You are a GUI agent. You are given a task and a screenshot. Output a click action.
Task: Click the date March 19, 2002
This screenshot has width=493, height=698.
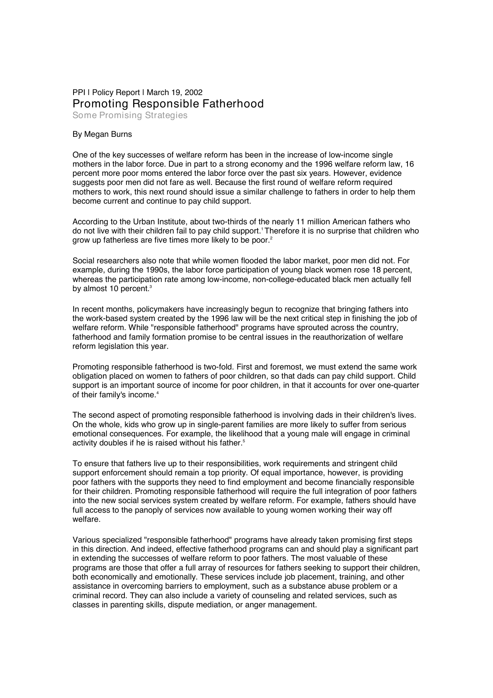tap(175, 93)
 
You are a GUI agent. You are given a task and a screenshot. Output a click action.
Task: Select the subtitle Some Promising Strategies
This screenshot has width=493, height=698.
tap(130, 115)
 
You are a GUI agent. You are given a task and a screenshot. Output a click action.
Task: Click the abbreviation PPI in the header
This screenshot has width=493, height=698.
tap(79, 93)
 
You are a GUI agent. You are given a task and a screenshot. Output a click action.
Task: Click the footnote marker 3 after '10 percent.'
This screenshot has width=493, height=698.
tap(150, 287)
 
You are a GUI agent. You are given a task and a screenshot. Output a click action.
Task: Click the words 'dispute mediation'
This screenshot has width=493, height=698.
tap(204, 605)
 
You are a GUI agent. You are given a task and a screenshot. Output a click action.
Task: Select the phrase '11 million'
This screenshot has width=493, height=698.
tap(311, 222)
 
